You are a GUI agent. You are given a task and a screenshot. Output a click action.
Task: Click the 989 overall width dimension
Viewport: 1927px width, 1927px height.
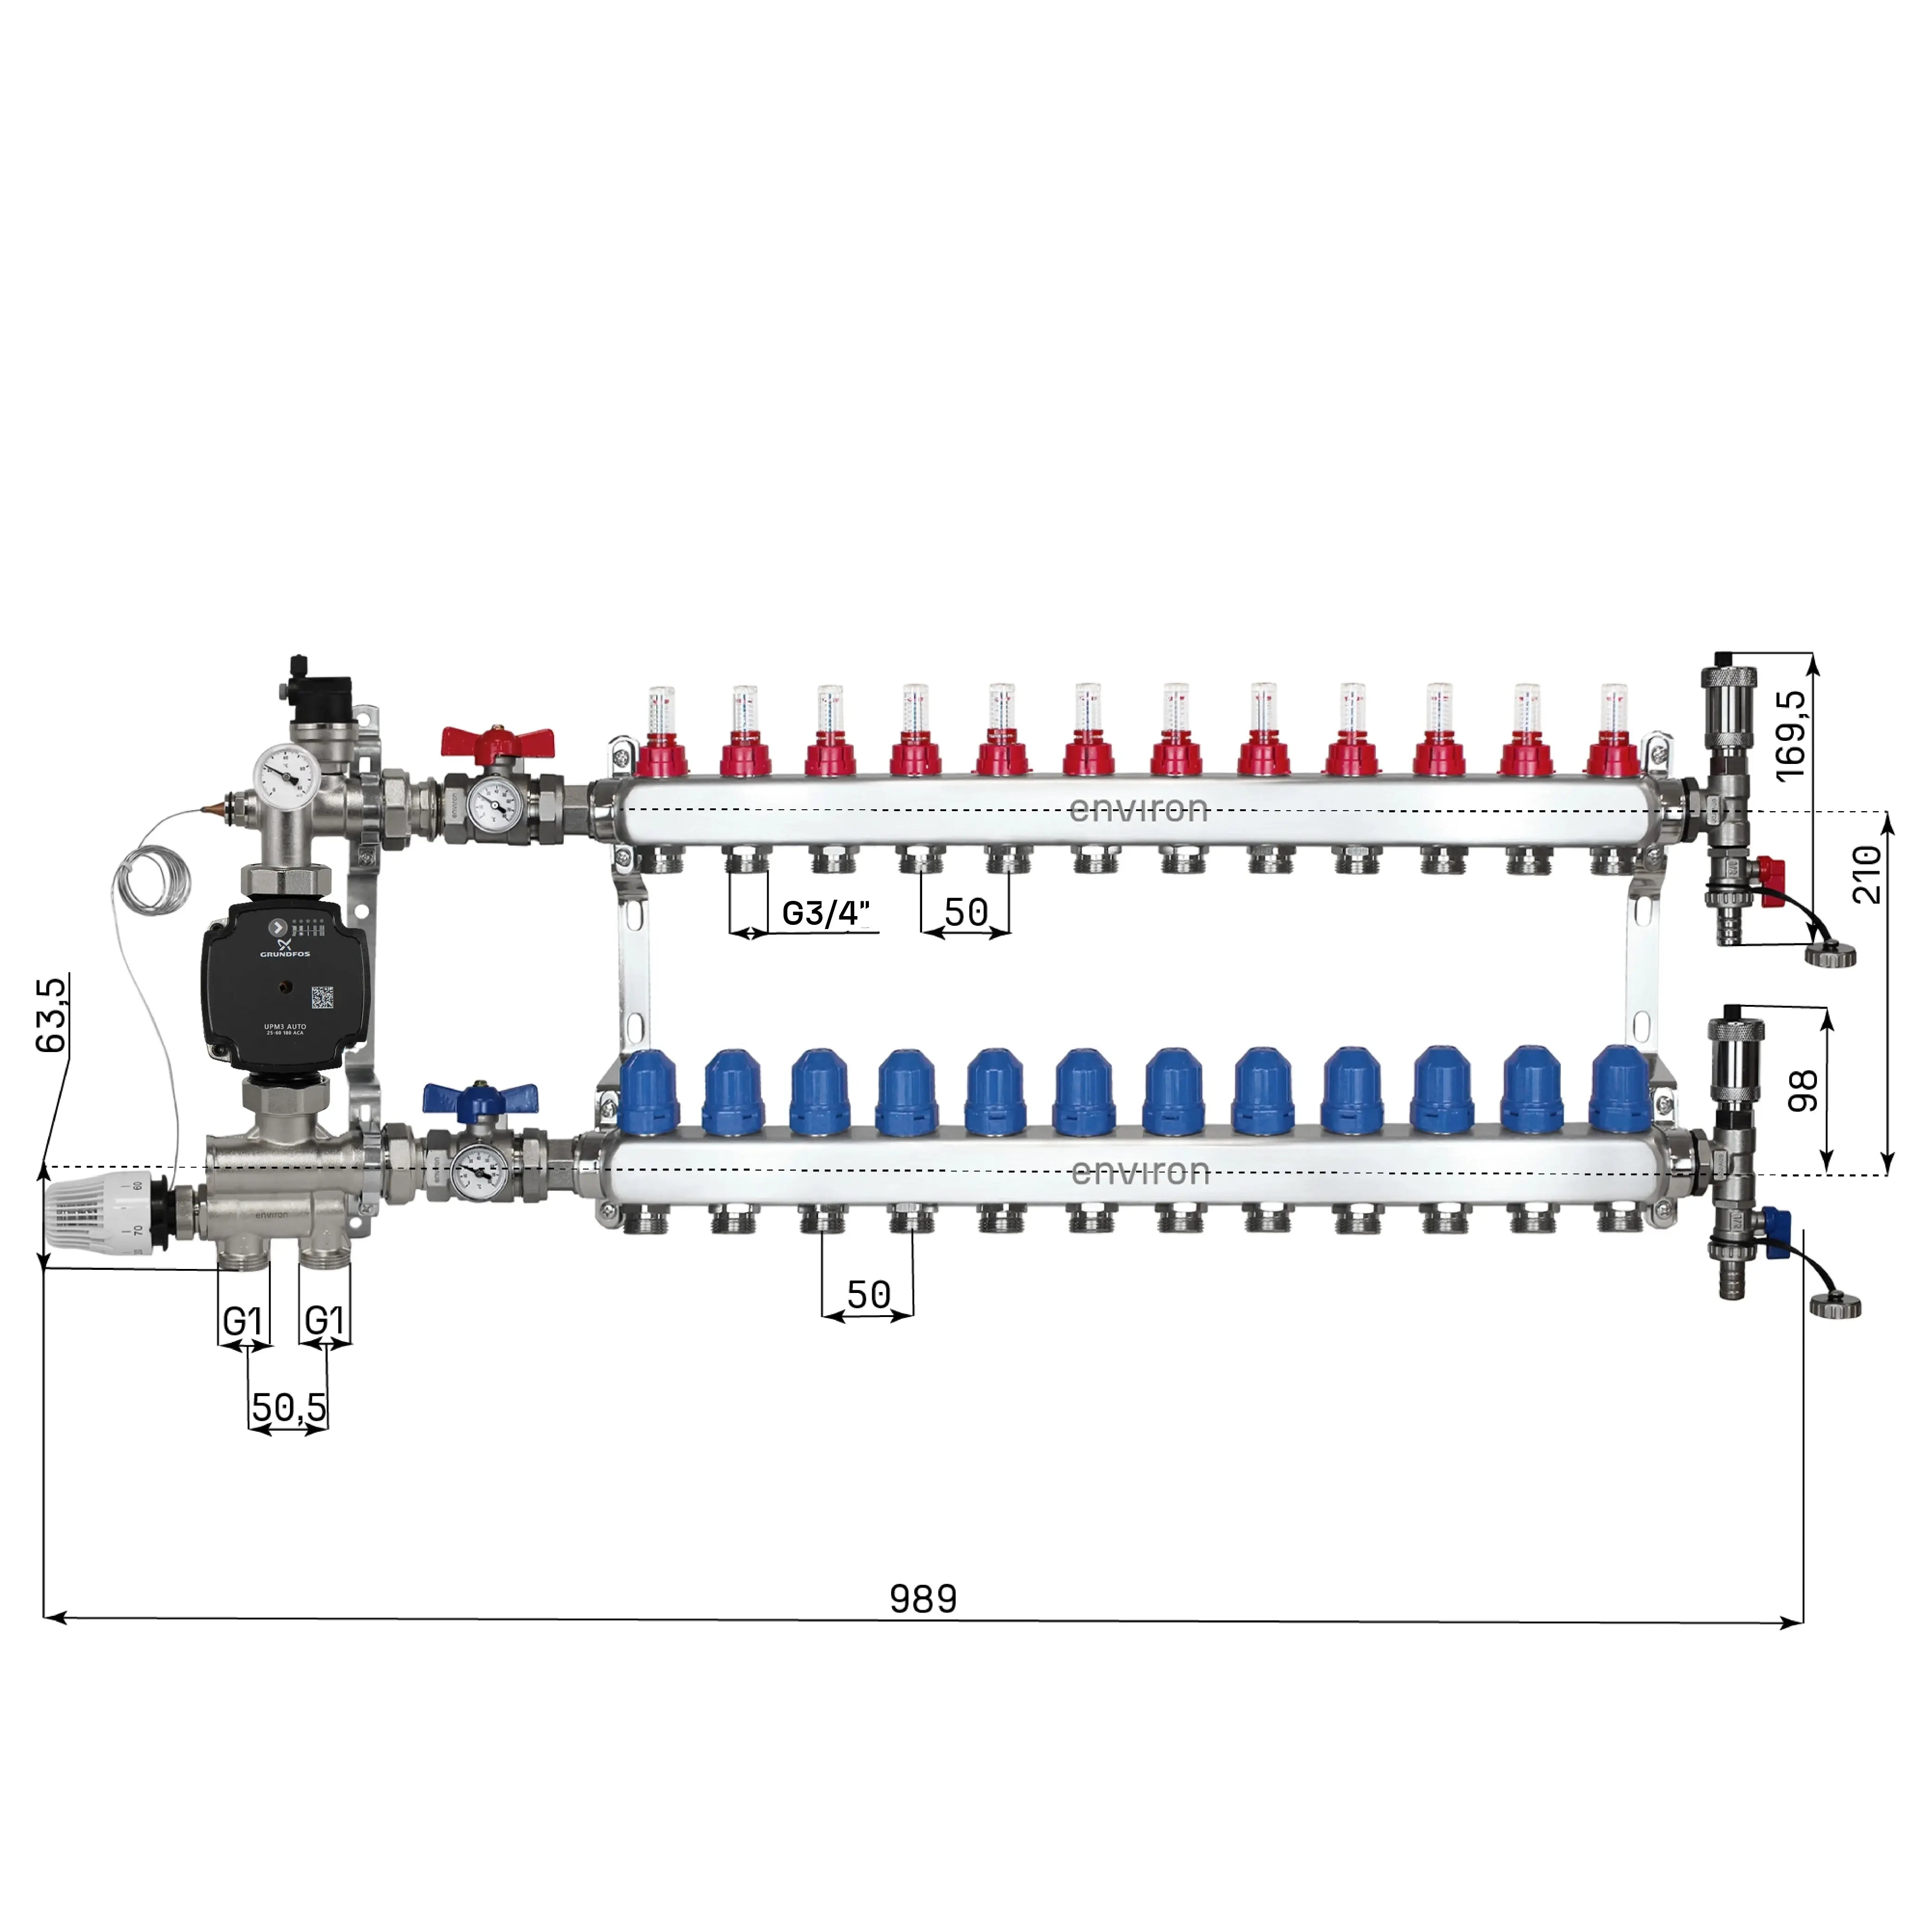923,1599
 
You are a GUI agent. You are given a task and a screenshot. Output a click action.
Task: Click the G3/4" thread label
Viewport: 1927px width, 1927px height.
826,913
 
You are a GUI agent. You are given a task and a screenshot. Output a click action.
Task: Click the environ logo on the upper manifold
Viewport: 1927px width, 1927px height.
1138,809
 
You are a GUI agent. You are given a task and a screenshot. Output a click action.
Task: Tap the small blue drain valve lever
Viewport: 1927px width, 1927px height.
1775,1232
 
